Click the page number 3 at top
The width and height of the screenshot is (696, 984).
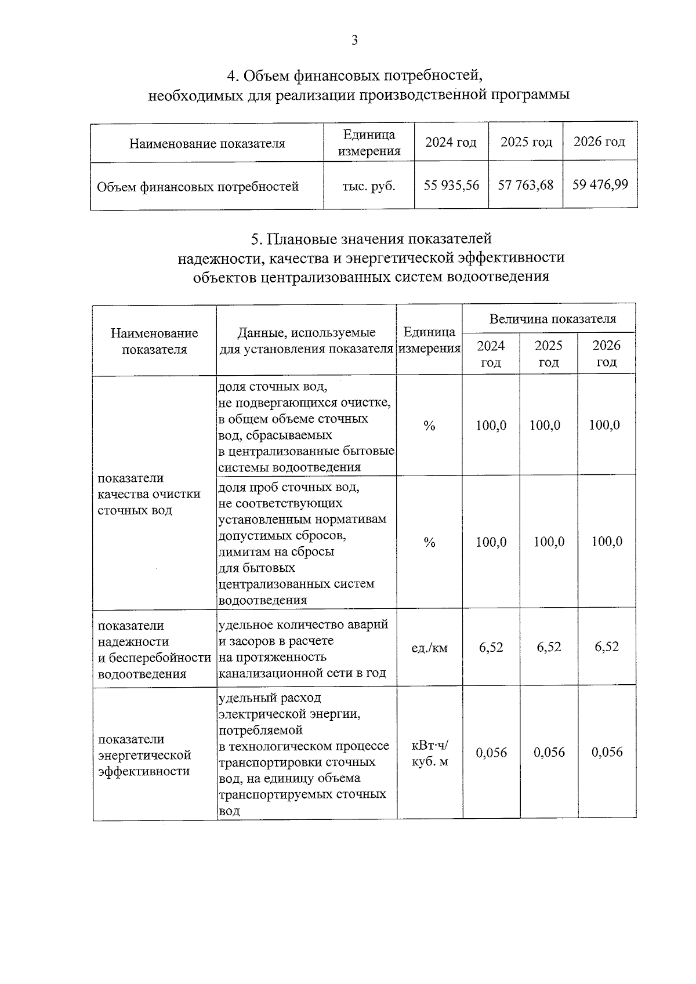tap(354, 40)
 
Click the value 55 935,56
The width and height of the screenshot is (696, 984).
tap(451, 186)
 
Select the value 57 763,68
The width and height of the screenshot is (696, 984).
tap(525, 186)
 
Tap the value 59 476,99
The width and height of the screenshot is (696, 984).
tap(600, 185)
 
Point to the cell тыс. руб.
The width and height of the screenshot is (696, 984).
tap(369, 187)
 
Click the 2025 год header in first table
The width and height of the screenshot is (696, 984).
tap(525, 142)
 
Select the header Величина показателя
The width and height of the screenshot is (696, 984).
tap(552, 319)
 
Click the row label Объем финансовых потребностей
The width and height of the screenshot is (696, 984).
tap(198, 187)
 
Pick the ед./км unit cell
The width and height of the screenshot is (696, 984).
tap(429, 648)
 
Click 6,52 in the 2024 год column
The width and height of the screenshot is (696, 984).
tap(491, 647)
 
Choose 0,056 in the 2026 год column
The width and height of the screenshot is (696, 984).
tap(607, 753)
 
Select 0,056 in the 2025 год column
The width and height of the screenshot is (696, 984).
tap(549, 753)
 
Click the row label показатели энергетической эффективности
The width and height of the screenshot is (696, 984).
tap(144, 756)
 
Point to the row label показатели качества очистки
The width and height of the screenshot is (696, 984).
tap(149, 494)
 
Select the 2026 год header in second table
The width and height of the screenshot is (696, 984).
tap(606, 354)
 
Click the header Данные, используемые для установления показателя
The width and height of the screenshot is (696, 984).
tap(306, 340)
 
